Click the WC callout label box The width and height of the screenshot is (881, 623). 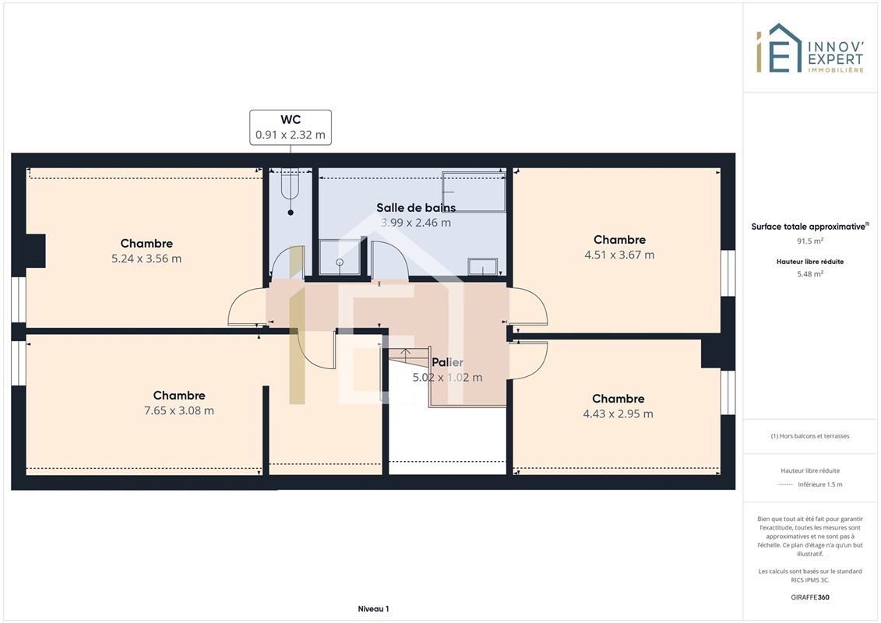(x=291, y=128)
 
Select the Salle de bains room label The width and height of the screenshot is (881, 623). (x=416, y=207)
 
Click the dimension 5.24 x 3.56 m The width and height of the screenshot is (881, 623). (x=146, y=259)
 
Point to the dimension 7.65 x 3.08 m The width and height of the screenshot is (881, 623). (x=178, y=410)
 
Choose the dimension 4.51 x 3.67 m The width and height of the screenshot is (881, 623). (x=619, y=255)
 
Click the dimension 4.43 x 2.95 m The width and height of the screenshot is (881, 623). (x=618, y=414)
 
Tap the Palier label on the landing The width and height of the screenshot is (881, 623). (x=447, y=362)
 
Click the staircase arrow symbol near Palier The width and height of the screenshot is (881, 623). (x=407, y=354)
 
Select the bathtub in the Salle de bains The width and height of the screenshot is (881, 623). (x=474, y=192)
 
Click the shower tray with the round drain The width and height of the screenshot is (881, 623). (x=340, y=257)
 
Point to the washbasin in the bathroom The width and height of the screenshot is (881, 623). (x=483, y=266)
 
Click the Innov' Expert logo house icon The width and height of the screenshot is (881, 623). (x=779, y=48)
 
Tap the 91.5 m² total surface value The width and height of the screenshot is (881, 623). (x=809, y=241)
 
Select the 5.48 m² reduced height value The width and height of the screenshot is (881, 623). (x=809, y=274)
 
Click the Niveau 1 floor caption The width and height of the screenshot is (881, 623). (x=373, y=609)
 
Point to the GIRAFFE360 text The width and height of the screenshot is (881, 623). (x=809, y=597)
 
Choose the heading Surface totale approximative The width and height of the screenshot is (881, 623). (x=809, y=227)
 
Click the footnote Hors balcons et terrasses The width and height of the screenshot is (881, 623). (x=809, y=436)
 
